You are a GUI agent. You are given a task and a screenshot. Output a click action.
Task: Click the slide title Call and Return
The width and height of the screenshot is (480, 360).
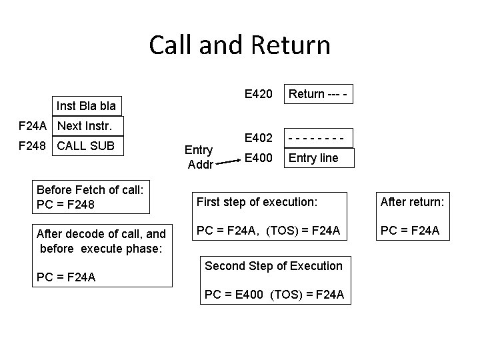(x=239, y=45)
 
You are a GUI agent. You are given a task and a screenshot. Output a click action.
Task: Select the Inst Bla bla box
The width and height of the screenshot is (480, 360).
(x=86, y=105)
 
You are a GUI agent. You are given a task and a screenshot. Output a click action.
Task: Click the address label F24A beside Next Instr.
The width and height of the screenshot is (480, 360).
(x=33, y=125)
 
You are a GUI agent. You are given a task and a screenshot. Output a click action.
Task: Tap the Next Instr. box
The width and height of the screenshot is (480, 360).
(x=89, y=125)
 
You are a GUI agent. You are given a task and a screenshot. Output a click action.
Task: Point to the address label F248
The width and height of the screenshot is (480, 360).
(x=33, y=146)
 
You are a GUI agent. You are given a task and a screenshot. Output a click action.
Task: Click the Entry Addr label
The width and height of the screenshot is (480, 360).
(x=199, y=157)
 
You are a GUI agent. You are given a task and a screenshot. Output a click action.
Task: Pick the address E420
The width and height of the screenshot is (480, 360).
(x=258, y=94)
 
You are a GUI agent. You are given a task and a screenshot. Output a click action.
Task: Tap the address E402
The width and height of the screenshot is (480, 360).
(x=258, y=138)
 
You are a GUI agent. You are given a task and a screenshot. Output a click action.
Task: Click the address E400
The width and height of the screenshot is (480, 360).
(x=258, y=158)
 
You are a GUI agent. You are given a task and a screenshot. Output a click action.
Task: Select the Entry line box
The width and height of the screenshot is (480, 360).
(x=317, y=158)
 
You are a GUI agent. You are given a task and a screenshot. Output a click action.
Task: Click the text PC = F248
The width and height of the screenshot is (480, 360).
(x=66, y=204)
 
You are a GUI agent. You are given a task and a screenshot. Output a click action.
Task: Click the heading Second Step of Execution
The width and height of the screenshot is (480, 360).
(x=273, y=266)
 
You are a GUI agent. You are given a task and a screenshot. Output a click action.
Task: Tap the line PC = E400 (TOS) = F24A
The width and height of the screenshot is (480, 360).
(x=274, y=294)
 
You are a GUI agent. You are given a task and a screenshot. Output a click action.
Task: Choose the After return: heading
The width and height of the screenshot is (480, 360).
(x=411, y=201)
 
